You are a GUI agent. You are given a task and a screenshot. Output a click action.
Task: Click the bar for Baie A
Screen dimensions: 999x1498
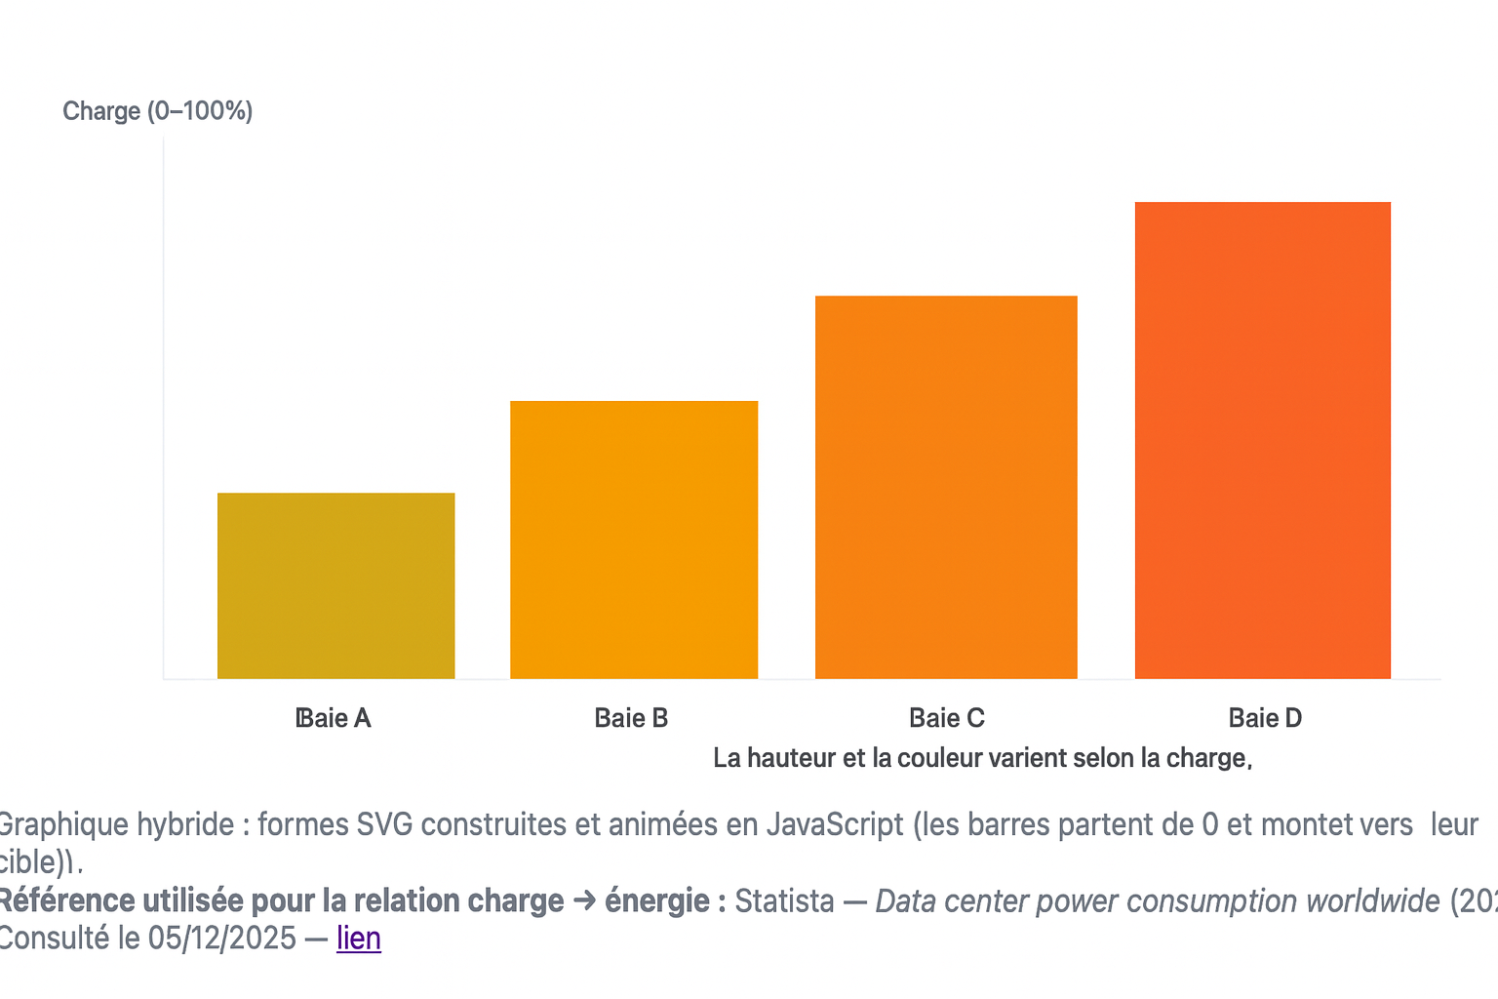tap(335, 585)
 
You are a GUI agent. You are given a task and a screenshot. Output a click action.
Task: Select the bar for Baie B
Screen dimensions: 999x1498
tap(634, 539)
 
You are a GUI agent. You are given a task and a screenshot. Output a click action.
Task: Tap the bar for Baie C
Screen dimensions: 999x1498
tap(946, 487)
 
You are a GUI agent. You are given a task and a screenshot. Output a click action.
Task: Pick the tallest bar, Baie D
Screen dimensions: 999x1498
tap(1262, 440)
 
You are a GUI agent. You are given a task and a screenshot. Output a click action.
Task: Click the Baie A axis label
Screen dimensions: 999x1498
tap(334, 719)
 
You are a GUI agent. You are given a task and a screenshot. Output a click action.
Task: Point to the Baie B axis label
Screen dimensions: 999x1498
tap(631, 719)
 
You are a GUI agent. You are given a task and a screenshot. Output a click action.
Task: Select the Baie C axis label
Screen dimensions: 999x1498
tap(946, 719)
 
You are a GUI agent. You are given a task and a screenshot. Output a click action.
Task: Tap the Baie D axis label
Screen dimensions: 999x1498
tap(1265, 719)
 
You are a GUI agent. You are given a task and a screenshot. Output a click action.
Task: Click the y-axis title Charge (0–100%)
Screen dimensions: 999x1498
tap(157, 111)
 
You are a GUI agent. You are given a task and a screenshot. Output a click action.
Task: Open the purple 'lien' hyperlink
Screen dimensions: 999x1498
tap(359, 939)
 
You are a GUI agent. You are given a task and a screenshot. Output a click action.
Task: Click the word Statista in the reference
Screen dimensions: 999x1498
tap(784, 901)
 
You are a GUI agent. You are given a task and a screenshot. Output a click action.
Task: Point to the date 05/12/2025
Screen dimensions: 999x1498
tap(221, 939)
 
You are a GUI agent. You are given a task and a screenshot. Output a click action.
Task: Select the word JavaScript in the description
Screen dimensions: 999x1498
tap(835, 825)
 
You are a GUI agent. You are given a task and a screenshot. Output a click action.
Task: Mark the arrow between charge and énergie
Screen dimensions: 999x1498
tap(584, 901)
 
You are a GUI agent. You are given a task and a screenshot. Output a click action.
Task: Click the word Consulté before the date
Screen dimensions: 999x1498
tap(54, 939)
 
